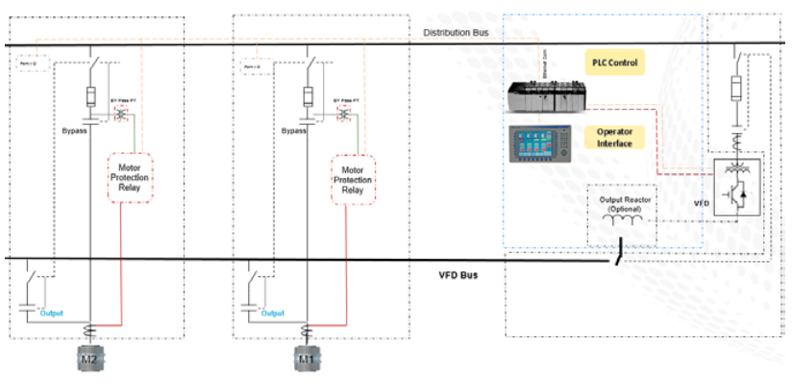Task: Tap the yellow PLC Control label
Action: [614, 64]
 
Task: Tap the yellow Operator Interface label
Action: [614, 137]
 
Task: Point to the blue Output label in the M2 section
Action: [52, 313]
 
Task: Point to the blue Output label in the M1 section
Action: [272, 313]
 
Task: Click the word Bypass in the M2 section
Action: [74, 129]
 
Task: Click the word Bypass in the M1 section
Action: [294, 129]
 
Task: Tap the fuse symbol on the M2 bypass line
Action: [90, 96]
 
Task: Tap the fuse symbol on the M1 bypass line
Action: [309, 96]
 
